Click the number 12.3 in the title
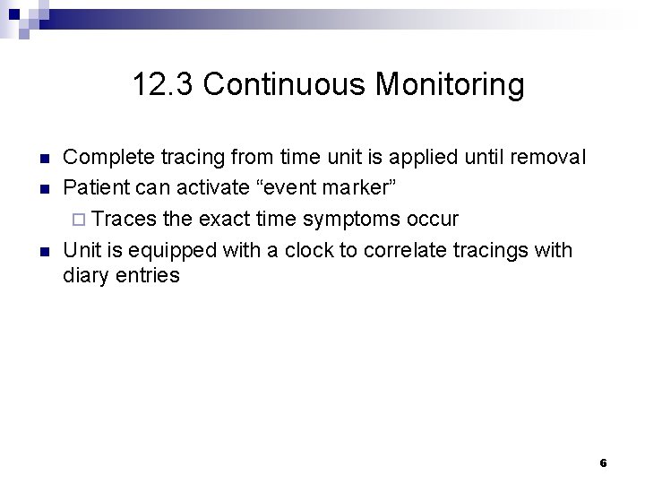163,85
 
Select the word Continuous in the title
283,85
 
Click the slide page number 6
603,463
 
